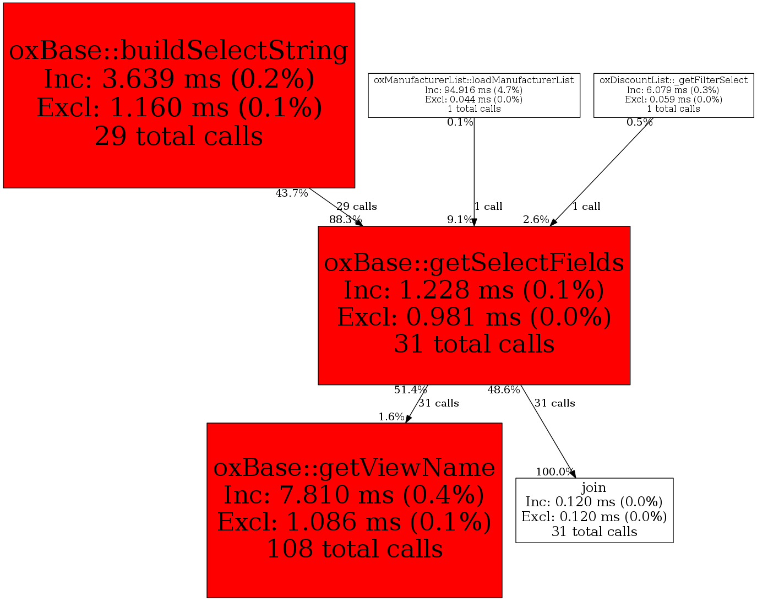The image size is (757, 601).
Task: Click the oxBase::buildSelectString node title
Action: click(179, 51)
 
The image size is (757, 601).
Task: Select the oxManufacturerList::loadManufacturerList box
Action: click(474, 94)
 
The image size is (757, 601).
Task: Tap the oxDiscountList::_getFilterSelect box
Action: click(673, 94)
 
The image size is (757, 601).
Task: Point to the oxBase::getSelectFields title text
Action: click(474, 263)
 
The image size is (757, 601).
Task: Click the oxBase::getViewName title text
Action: click(354, 468)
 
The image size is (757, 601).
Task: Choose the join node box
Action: click(594, 510)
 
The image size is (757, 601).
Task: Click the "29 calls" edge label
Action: click(357, 207)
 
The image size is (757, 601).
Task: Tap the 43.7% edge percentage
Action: click(292, 193)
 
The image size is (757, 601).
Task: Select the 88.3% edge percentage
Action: click(345, 220)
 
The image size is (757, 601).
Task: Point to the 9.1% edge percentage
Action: click(460, 220)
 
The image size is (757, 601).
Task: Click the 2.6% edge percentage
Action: click(536, 220)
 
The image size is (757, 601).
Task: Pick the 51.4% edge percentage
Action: click(410, 390)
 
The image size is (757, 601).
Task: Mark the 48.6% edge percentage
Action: click(504, 390)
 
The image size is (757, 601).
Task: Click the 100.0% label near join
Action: click(554, 472)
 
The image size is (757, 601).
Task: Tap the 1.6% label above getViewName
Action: click(391, 417)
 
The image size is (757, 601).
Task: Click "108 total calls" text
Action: click(354, 549)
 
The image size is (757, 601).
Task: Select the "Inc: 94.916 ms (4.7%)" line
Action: click(474, 90)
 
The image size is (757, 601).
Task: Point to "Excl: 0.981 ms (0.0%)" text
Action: click(474, 317)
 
